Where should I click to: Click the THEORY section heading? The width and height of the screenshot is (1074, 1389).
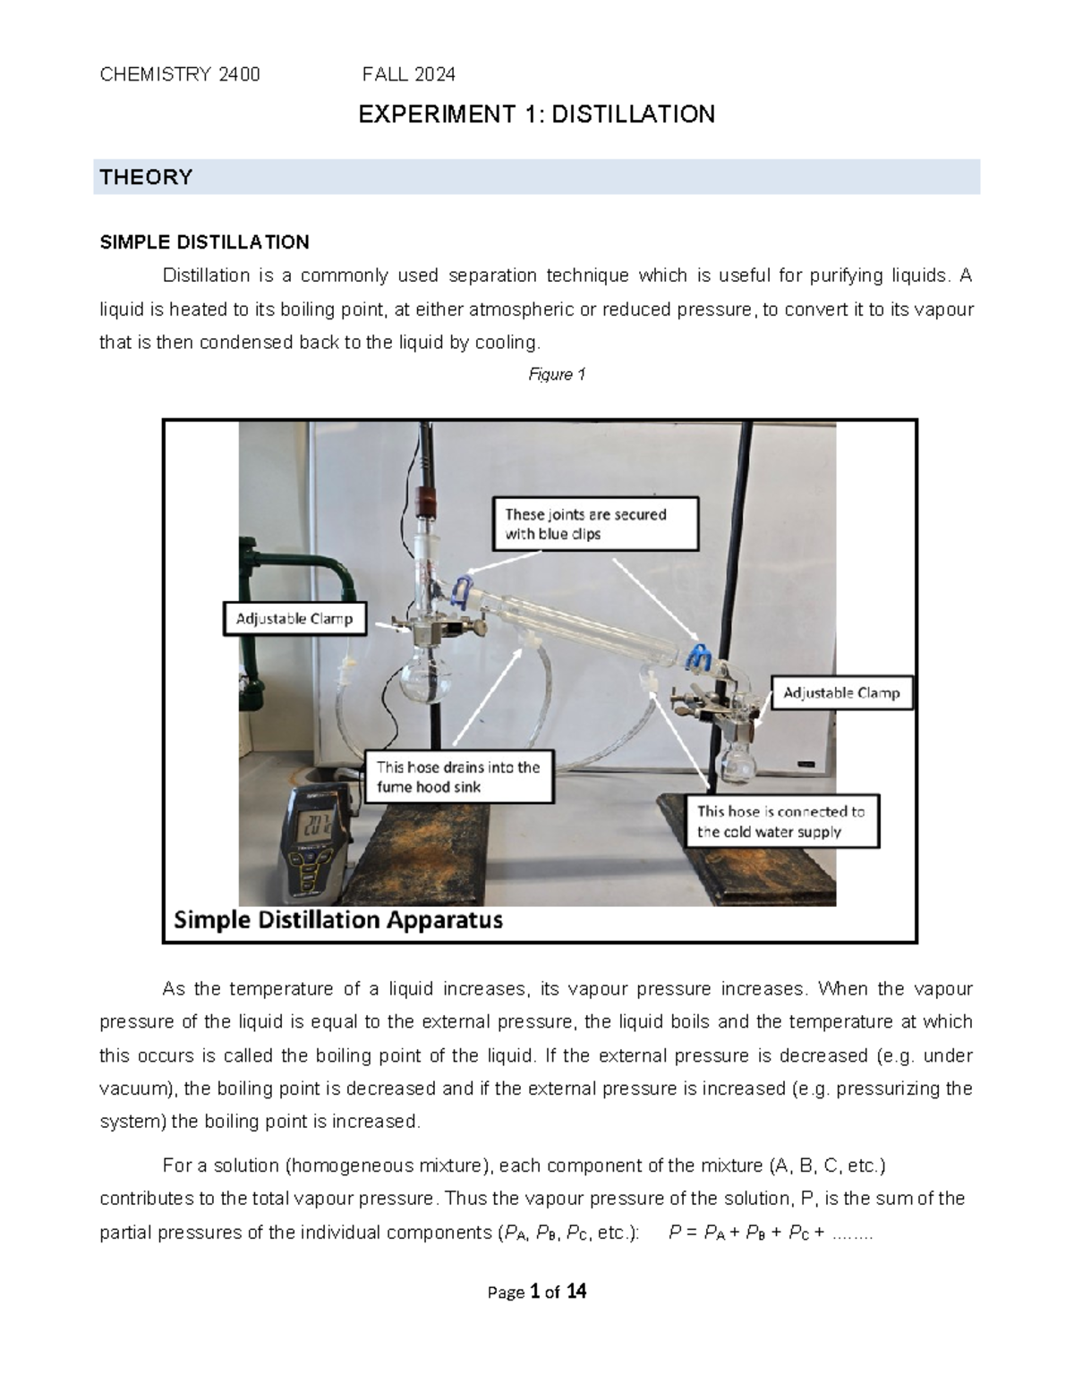click(x=146, y=177)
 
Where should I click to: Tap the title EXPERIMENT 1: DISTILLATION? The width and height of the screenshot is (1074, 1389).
click(x=536, y=114)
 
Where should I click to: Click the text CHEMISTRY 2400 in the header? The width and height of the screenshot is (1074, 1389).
click(x=180, y=74)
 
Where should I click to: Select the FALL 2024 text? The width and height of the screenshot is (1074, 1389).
click(x=409, y=74)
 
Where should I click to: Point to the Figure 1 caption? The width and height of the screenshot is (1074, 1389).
click(x=556, y=375)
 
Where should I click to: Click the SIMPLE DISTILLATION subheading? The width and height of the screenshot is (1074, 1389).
click(x=204, y=242)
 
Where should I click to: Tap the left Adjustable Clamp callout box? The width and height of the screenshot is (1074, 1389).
click(x=294, y=619)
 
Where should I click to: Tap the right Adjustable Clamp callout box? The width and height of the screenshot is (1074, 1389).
click(x=841, y=693)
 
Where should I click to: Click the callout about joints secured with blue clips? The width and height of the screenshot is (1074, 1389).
click(x=595, y=524)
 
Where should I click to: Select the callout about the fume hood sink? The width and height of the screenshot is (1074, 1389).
click(x=458, y=777)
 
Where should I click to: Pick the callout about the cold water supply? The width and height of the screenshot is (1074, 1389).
click(x=780, y=822)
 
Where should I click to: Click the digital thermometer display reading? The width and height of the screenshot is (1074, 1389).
click(x=317, y=824)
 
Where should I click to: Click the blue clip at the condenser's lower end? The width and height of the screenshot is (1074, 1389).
click(x=698, y=658)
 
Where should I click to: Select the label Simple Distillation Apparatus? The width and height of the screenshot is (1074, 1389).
click(x=338, y=920)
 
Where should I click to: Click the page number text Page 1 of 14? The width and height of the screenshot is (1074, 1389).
click(x=537, y=1292)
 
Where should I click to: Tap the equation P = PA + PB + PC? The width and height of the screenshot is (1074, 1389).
click(x=770, y=1233)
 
